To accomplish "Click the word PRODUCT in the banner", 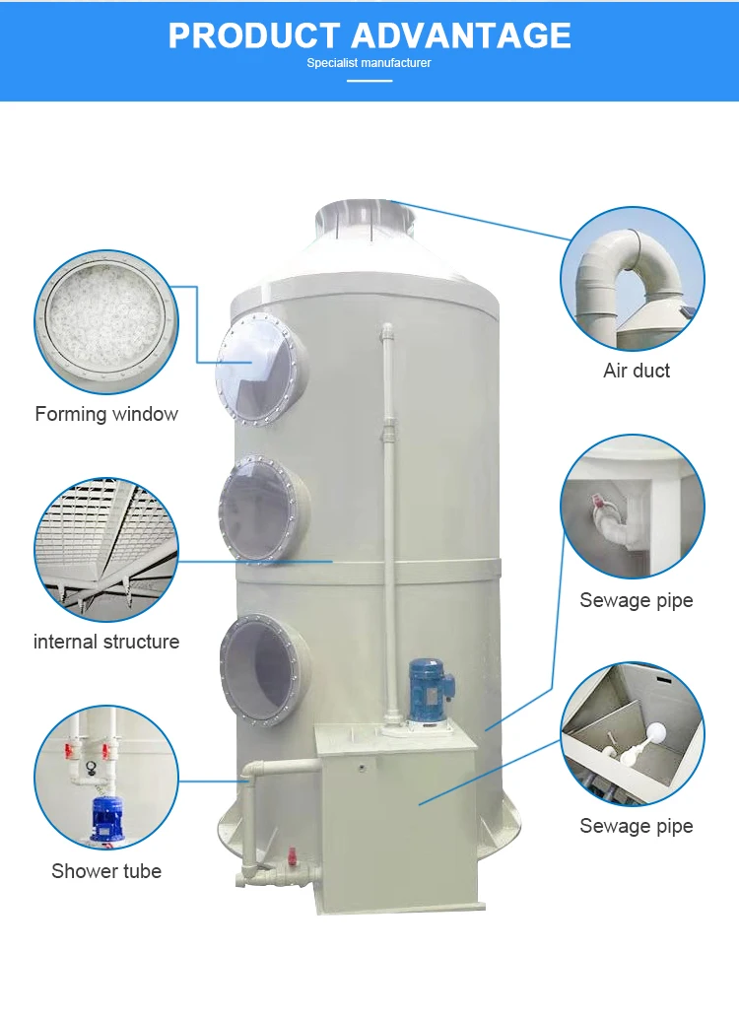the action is [x=254, y=35].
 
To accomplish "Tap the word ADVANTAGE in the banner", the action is [x=461, y=35].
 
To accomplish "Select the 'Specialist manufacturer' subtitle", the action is [x=369, y=63].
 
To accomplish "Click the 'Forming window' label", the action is [x=106, y=414].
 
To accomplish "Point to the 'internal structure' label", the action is [x=106, y=642].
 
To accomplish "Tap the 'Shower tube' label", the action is [x=106, y=871].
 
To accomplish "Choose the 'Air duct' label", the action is [x=637, y=371].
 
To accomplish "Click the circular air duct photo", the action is [x=633, y=279].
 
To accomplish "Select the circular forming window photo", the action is [x=106, y=321].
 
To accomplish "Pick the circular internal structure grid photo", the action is [x=106, y=550].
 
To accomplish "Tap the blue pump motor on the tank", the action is [x=430, y=693].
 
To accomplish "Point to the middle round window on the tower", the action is [x=264, y=509].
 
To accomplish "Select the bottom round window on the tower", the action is [x=265, y=669].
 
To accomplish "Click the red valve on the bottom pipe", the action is [x=293, y=857].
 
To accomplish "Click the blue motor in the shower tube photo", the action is [x=105, y=818].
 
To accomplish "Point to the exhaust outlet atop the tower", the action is [x=366, y=218].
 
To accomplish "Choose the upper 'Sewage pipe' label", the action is [x=637, y=600].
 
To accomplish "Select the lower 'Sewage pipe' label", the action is [x=637, y=826].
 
